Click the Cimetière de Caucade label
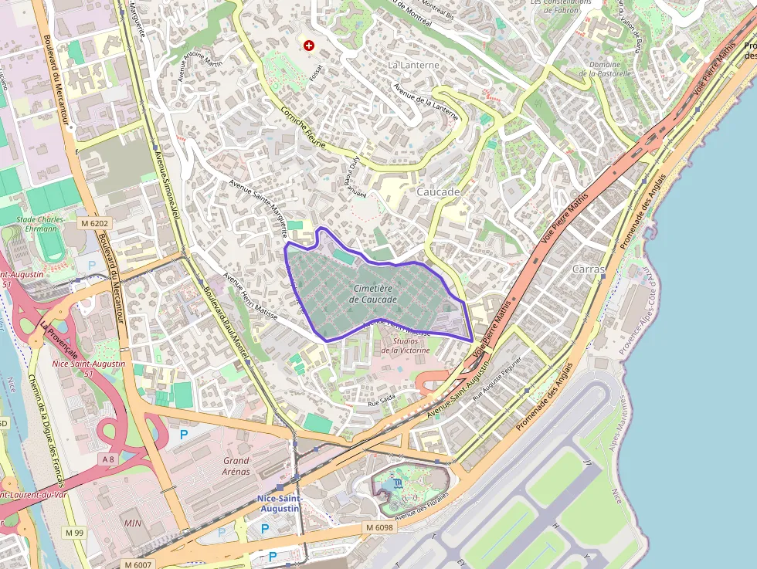(x=373, y=293)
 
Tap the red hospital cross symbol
(x=310, y=46)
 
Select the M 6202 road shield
(x=96, y=223)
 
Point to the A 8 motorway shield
(x=107, y=459)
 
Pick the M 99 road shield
(x=75, y=533)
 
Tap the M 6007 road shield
(x=141, y=564)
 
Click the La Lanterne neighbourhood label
(x=413, y=65)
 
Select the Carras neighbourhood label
(x=589, y=269)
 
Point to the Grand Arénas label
(x=236, y=466)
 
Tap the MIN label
(x=132, y=523)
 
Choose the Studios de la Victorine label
(x=406, y=345)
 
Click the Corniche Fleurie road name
(x=304, y=128)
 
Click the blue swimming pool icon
(x=397, y=483)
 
